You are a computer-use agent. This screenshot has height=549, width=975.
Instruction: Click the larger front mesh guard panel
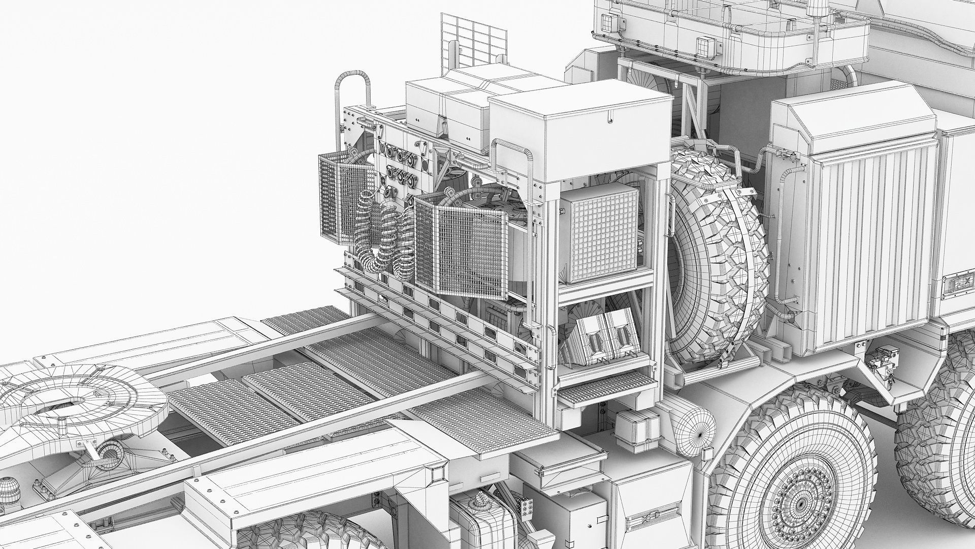click(460, 252)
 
